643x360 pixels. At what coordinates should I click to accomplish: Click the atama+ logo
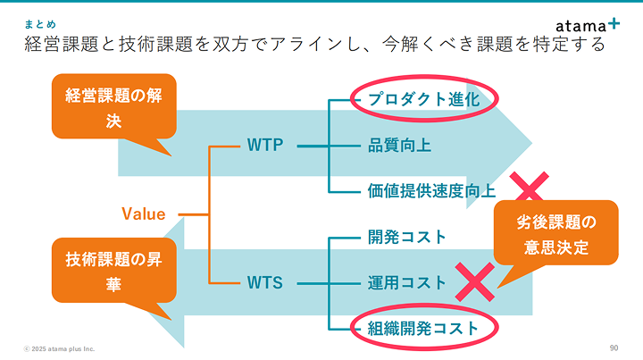pyautogui.click(x=588, y=25)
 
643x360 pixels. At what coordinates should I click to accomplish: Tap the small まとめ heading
pyautogui.click(x=40, y=25)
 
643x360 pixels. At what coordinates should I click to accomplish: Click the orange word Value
pyautogui.click(x=144, y=214)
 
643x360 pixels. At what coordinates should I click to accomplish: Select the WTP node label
pyautogui.click(x=265, y=145)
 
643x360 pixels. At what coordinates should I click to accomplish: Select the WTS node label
pyautogui.click(x=265, y=283)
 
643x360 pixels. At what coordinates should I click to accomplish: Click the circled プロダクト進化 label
pyautogui.click(x=424, y=99)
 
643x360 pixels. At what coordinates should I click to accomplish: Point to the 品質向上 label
pyautogui.click(x=399, y=146)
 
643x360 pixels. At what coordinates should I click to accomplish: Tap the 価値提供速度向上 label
pyautogui.click(x=431, y=190)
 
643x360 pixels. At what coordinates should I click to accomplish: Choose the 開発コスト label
pyautogui.click(x=407, y=237)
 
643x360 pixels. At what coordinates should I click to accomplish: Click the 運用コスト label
pyautogui.click(x=407, y=283)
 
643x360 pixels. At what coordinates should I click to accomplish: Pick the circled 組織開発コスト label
pyautogui.click(x=423, y=329)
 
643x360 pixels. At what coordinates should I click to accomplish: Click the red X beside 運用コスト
pyautogui.click(x=475, y=282)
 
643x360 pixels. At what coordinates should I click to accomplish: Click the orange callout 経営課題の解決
pyautogui.click(x=114, y=107)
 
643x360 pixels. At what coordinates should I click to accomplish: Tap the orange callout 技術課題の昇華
pyautogui.click(x=114, y=272)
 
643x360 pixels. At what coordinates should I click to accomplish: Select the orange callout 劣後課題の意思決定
pyautogui.click(x=556, y=234)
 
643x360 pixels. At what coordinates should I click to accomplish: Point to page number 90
pyautogui.click(x=614, y=348)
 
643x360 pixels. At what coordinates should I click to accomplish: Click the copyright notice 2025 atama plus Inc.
pyautogui.click(x=60, y=349)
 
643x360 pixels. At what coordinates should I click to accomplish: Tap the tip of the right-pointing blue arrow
pyautogui.click(x=532, y=143)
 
